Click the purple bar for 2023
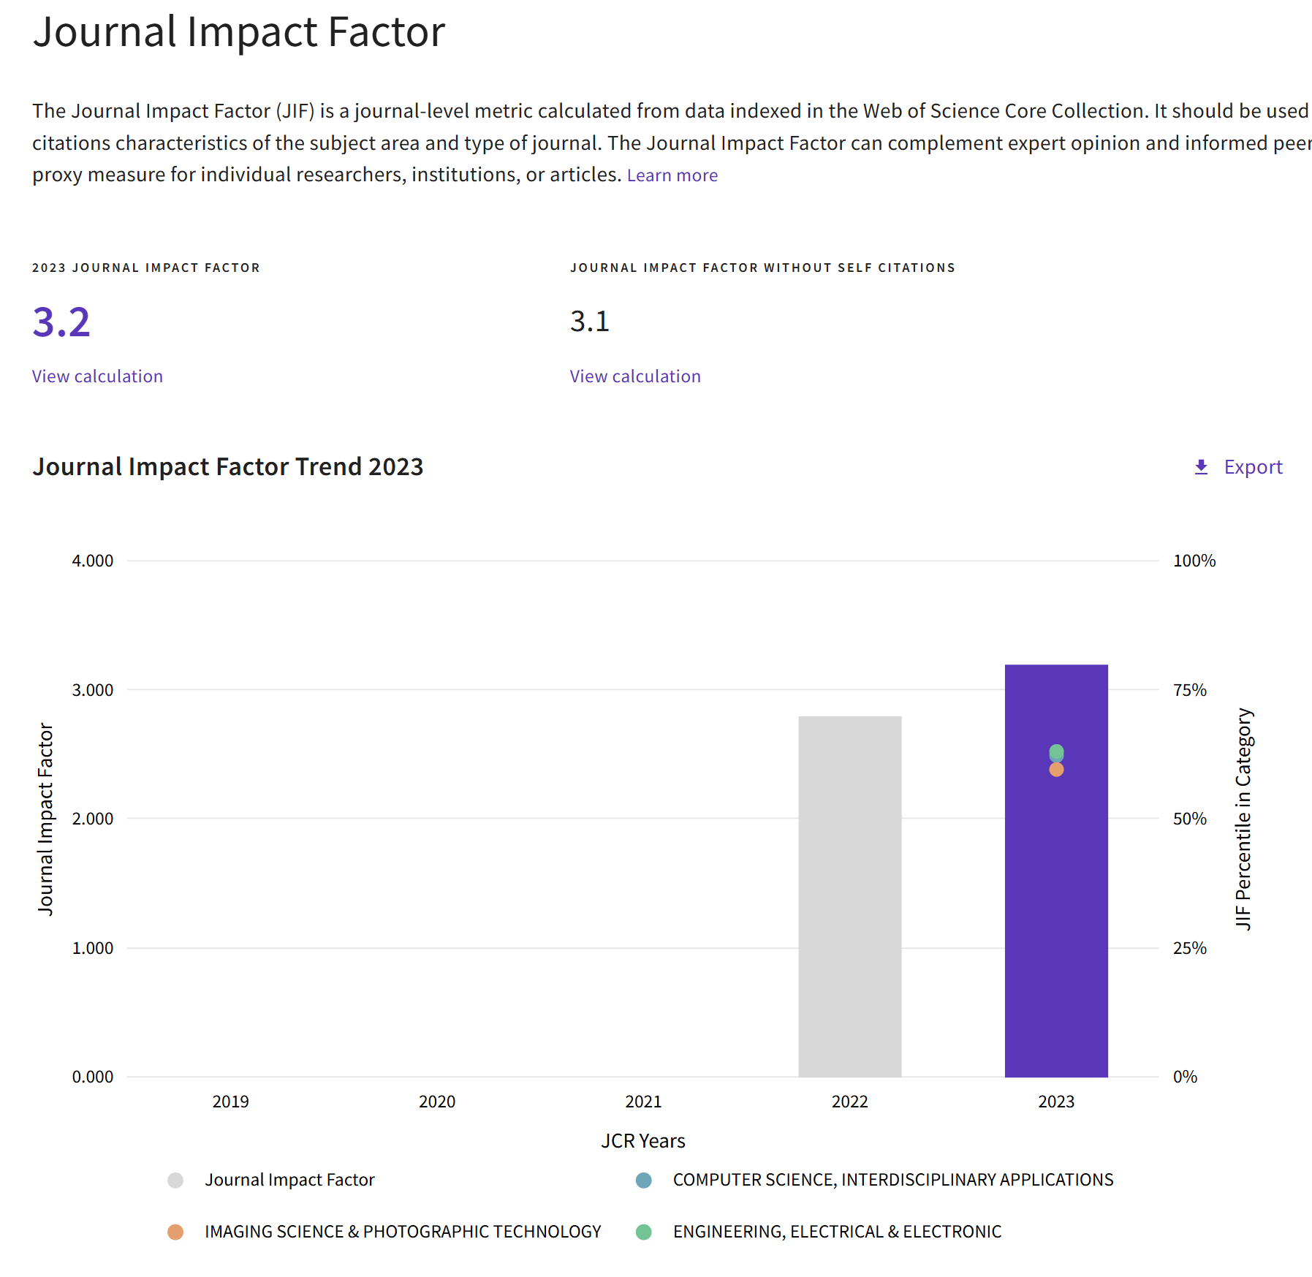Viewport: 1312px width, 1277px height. pos(1055,914)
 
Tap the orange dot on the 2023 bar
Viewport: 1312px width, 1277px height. pos(1056,770)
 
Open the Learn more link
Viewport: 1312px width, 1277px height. pos(672,175)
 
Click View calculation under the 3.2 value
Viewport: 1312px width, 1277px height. pos(97,376)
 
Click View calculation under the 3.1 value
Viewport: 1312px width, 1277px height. pos(635,376)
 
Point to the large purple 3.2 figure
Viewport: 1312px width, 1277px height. pos(61,322)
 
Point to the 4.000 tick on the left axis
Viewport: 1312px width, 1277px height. pos(93,561)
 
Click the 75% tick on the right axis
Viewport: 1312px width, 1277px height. pos(1190,690)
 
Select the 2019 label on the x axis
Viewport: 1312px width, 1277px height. pos(230,1102)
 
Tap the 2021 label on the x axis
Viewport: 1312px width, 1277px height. pos(643,1102)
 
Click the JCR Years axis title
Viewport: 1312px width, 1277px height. pos(643,1141)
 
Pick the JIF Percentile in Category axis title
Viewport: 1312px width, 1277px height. pos(1243,819)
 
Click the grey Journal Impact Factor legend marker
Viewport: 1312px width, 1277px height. pos(175,1180)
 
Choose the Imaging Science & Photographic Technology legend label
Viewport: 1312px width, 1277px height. pos(403,1232)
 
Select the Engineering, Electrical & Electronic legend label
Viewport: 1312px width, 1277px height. pos(837,1232)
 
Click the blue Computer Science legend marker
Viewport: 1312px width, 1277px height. pos(643,1180)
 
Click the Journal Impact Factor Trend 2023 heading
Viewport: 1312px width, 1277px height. pos(228,467)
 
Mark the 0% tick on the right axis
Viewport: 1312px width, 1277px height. pos(1185,1077)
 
